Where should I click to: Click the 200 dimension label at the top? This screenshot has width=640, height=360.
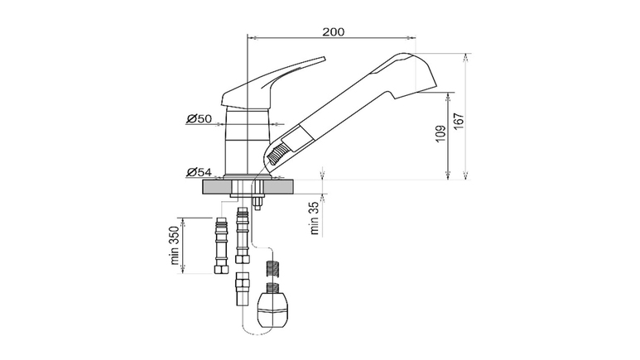click(334, 31)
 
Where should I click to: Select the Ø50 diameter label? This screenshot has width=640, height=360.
click(200, 119)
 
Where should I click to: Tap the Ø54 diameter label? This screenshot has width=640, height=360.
click(200, 172)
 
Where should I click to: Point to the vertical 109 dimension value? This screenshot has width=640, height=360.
click(440, 134)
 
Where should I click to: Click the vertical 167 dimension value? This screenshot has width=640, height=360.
click(459, 121)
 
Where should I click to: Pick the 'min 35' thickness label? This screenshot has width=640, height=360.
click(314, 218)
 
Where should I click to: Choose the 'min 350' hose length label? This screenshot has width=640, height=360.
click(175, 245)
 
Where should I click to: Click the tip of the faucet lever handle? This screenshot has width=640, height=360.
click(325, 59)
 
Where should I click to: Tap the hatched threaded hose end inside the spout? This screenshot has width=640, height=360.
click(277, 153)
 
